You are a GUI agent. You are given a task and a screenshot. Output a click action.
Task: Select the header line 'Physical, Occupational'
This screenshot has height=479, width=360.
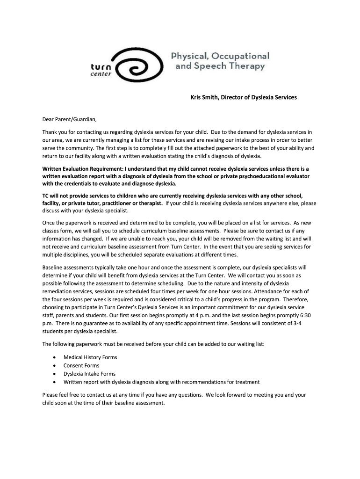pos(222,56)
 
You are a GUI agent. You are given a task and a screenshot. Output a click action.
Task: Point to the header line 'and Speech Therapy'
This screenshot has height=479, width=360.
pos(220,66)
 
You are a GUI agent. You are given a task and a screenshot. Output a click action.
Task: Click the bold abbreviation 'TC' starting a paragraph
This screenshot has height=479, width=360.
pos(46,196)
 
